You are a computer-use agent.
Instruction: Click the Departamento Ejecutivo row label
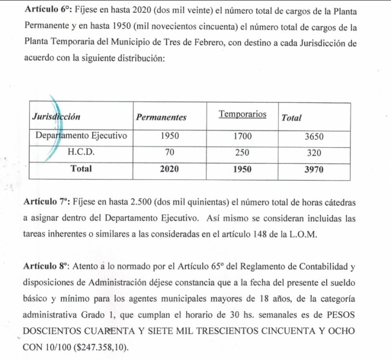pyautogui.click(x=81, y=136)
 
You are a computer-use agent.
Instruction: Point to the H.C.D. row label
pyautogui.click(x=81, y=152)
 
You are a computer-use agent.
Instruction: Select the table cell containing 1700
pyautogui.click(x=243, y=136)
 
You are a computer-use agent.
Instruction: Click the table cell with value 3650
pyautogui.click(x=314, y=137)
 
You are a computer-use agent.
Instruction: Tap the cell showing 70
pyautogui.click(x=169, y=152)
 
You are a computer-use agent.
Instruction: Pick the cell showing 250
pyautogui.click(x=243, y=152)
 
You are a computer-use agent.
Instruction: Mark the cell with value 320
pyautogui.click(x=314, y=153)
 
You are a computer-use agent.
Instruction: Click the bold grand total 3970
pyautogui.click(x=314, y=169)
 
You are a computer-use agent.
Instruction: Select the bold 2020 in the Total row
pyautogui.click(x=169, y=169)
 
